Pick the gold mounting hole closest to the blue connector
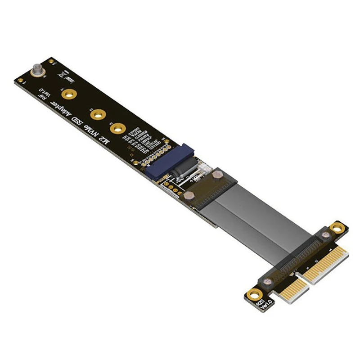tap(118, 129)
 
